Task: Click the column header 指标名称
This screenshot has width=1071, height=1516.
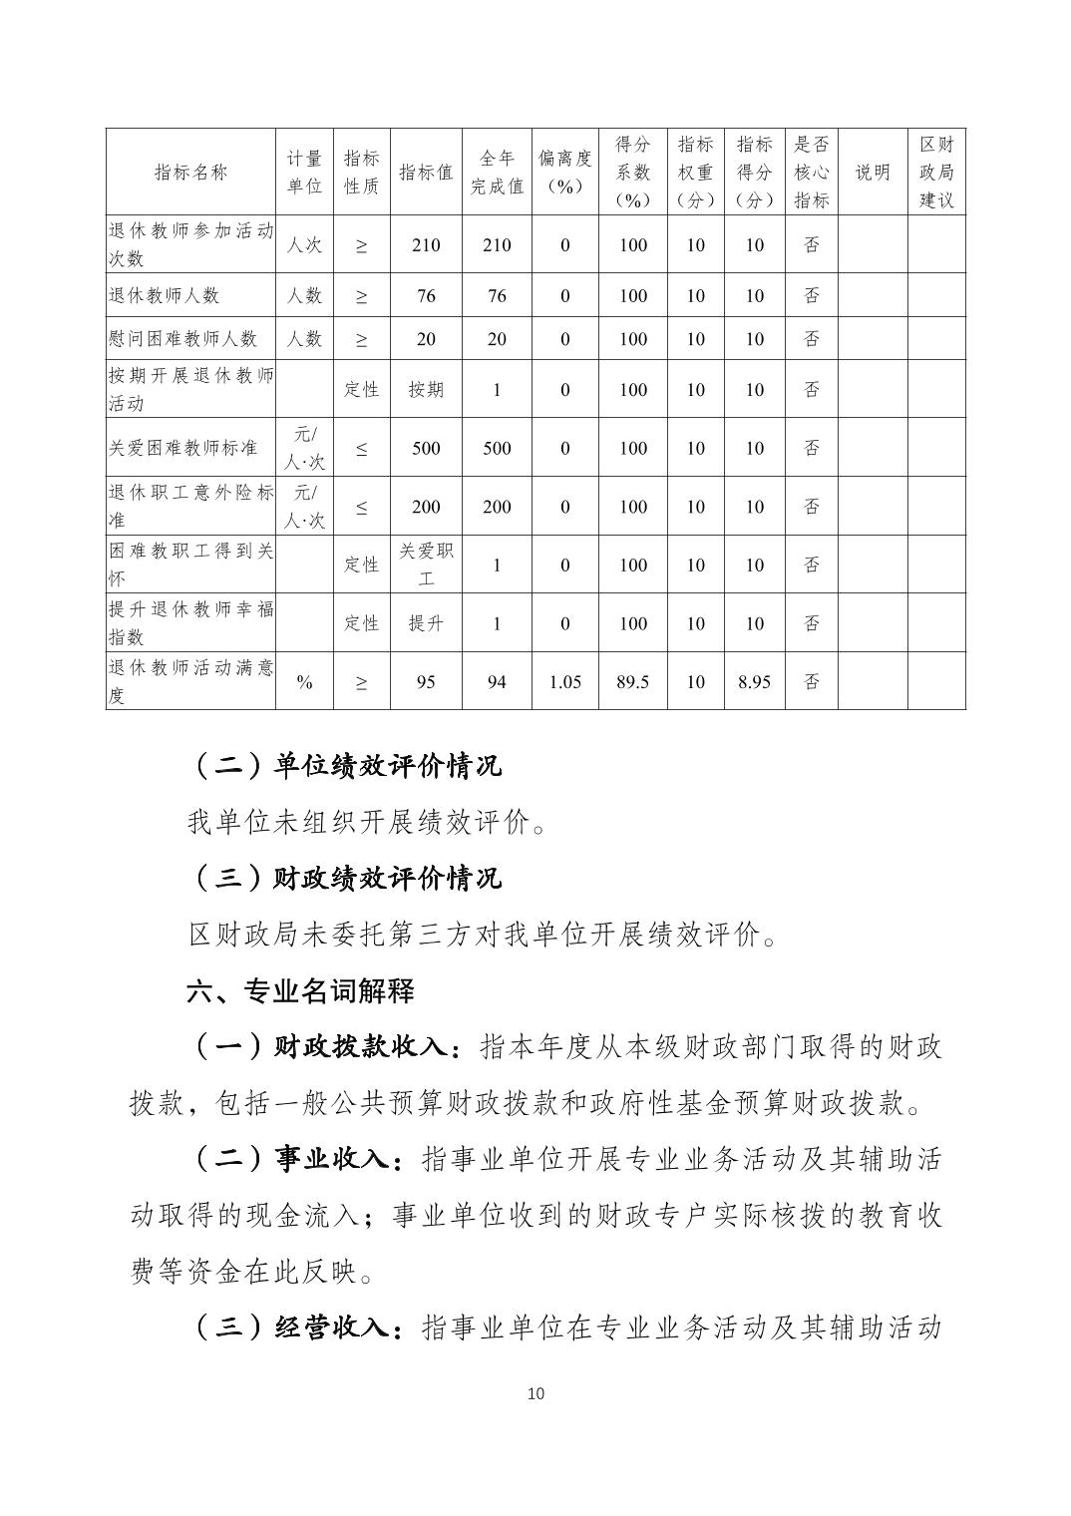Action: tap(190, 173)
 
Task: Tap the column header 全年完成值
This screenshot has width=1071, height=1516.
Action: tap(497, 173)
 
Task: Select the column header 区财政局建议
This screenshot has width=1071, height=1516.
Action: tap(936, 173)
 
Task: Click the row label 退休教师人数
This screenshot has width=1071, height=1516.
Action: tap(164, 295)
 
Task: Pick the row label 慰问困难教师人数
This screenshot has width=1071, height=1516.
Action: tap(182, 339)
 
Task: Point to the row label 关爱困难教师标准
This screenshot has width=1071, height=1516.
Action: tap(182, 448)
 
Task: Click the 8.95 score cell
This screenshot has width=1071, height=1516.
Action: tap(754, 682)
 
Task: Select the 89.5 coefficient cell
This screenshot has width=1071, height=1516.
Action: tap(632, 682)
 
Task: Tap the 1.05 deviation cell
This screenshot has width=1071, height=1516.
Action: tap(564, 682)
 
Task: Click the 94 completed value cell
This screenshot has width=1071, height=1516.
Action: tap(497, 682)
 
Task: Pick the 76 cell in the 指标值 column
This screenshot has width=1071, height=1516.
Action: tap(426, 295)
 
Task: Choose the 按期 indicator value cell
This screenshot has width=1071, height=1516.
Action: tap(426, 390)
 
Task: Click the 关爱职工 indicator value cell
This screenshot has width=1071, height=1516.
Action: tap(426, 565)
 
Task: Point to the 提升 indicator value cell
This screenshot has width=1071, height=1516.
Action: tap(426, 623)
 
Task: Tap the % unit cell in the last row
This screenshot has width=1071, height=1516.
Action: tap(304, 682)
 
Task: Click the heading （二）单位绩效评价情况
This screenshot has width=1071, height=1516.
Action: tap(345, 766)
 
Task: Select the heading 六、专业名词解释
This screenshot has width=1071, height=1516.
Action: tap(300, 991)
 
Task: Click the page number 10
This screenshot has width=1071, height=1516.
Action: tap(535, 1393)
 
